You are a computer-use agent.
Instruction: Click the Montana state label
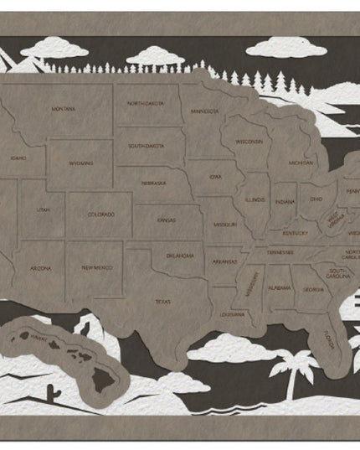tap(64, 109)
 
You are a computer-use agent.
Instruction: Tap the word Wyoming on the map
tap(81, 163)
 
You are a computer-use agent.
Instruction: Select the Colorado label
tap(101, 215)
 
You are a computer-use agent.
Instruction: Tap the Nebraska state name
tap(152, 183)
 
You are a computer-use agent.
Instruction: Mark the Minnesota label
tap(203, 111)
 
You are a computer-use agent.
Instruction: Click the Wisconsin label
tap(249, 142)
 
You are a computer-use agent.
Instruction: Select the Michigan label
tap(301, 162)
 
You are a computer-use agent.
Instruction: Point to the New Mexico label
tap(97, 267)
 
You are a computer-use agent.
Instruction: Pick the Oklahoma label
tap(180, 255)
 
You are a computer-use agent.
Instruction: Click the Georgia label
tap(313, 289)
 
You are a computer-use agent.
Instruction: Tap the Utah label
tap(42, 209)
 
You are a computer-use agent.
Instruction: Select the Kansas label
tap(166, 220)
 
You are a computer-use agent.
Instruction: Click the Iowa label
tap(216, 177)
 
